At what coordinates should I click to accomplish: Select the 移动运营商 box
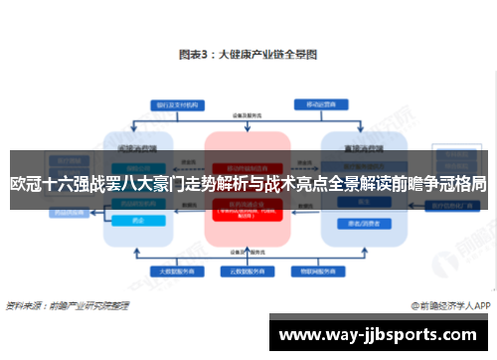316,103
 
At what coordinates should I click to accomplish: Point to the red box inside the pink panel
246,208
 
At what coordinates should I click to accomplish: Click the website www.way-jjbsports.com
384,334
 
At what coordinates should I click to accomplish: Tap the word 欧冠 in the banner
26,183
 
